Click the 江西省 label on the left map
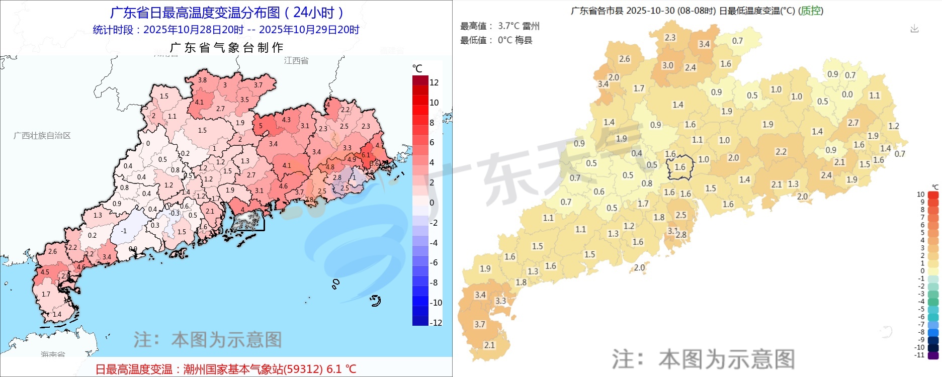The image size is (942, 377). click(x=296, y=60)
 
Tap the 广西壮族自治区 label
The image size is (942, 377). click(x=42, y=136)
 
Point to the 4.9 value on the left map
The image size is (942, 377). click(x=352, y=160)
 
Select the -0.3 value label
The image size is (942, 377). click(x=174, y=213)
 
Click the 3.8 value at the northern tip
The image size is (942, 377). click(x=202, y=80)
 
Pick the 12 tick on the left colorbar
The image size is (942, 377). click(x=434, y=82)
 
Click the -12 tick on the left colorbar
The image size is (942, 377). click(x=436, y=322)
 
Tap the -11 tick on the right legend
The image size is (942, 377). click(x=920, y=355)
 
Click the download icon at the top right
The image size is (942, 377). click(x=914, y=29)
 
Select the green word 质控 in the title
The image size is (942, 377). click(x=811, y=11)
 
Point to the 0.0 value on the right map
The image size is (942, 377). click(x=847, y=95)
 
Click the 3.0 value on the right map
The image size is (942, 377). click(x=667, y=65)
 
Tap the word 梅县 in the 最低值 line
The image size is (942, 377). click(x=524, y=40)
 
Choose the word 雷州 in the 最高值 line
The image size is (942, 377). click(x=531, y=26)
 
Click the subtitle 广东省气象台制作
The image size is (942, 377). click(x=227, y=48)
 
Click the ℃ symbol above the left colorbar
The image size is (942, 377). click(x=417, y=68)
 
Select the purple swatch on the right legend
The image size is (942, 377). click(x=933, y=355)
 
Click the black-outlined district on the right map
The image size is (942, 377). click(x=680, y=167)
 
